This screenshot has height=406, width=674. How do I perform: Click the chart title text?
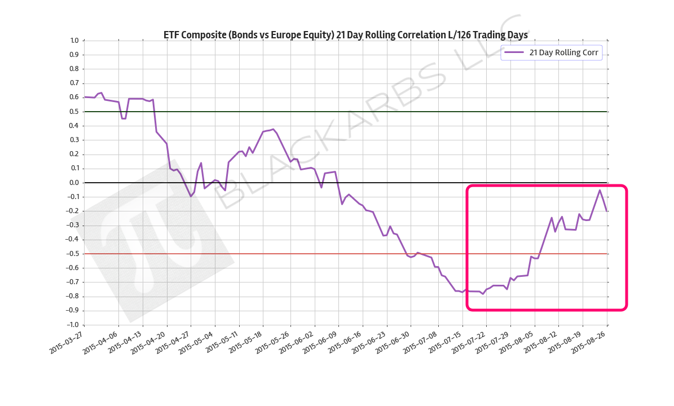(345, 35)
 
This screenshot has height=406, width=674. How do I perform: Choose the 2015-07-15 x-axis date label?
(446, 341)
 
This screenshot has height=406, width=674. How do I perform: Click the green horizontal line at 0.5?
(395, 112)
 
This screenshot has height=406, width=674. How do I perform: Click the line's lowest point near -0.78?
(483, 294)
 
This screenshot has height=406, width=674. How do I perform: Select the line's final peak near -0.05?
(600, 190)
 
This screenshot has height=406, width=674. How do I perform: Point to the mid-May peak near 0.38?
(273, 129)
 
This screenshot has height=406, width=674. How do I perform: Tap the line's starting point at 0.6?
(85, 97)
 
